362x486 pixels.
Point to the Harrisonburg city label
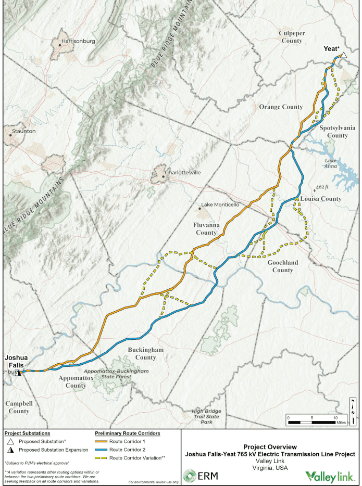[78, 41]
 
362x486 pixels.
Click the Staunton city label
[23, 131]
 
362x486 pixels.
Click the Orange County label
[281, 107]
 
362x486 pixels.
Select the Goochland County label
[283, 266]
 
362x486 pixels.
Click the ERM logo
[200, 476]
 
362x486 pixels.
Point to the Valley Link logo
[330, 476]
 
